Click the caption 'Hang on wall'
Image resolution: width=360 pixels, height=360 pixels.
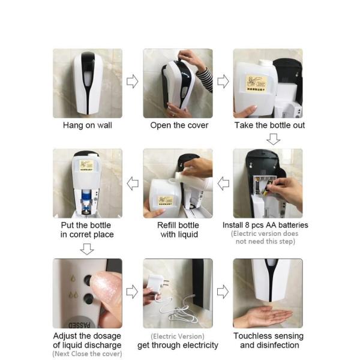87,125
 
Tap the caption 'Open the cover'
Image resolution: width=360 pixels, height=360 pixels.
179,125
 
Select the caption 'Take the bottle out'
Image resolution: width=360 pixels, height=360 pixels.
269,125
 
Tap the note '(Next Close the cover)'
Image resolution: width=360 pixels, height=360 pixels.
87,355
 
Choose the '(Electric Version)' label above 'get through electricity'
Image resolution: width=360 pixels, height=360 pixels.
178,337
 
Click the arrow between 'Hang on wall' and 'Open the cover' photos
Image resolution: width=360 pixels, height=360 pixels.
132,82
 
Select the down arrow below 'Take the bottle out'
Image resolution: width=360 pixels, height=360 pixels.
273,139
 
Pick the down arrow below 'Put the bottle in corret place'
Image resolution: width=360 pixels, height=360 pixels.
87,248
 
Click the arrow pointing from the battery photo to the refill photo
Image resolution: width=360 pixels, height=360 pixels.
223,182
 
